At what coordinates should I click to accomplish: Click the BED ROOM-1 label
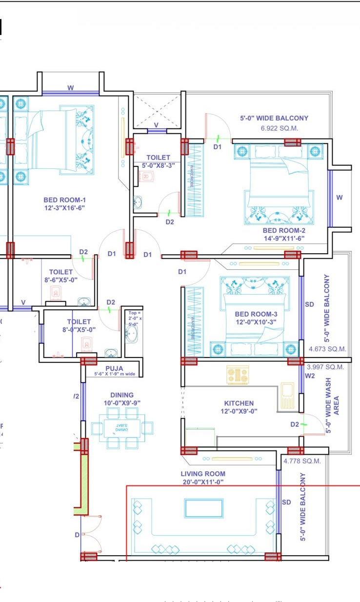click(x=64, y=200)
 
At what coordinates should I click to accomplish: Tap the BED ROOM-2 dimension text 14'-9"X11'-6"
click(x=284, y=239)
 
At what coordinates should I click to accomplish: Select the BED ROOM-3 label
click(x=256, y=314)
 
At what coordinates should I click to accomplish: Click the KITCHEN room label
click(x=239, y=403)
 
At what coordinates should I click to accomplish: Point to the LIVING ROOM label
click(x=203, y=474)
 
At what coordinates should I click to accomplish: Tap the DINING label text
click(x=121, y=395)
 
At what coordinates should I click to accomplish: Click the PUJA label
click(x=114, y=368)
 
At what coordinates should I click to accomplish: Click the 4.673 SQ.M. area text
click(x=327, y=349)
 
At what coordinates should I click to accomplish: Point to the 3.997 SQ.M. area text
click(x=325, y=367)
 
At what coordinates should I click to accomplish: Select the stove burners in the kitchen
click(x=238, y=375)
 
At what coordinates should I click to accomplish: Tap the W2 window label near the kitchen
click(x=310, y=376)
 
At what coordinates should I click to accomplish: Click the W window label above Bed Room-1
click(x=71, y=88)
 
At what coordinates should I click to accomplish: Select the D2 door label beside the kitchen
click(x=294, y=424)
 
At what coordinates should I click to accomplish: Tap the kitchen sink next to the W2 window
click(x=287, y=391)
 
